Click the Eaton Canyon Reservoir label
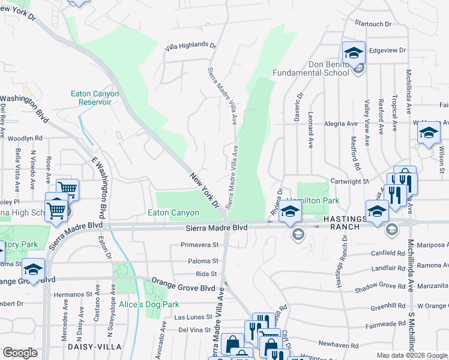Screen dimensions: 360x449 (95, 98)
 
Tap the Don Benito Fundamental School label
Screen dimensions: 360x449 (310, 68)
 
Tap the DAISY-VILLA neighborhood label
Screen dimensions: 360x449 (92, 347)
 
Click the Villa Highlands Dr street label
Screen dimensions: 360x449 (190, 45)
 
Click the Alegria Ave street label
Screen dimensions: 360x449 (340, 124)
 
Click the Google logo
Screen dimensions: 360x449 (20, 353)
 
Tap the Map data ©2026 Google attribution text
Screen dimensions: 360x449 (412, 355)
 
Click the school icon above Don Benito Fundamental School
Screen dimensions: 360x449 (354, 52)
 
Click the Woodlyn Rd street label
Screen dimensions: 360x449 (24, 138)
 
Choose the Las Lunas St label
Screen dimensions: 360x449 (193, 317)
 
